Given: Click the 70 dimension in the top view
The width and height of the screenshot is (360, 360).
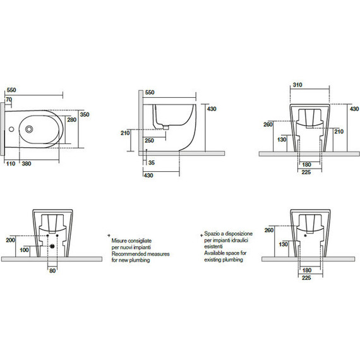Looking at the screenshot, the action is [9, 99].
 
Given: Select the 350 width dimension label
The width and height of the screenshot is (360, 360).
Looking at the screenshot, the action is [85, 114].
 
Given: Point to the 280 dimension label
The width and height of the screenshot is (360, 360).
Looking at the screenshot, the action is [71, 119].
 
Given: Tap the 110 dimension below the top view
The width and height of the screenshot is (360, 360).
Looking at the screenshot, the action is [11, 164].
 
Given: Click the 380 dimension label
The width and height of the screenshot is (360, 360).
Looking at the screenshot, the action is [27, 164].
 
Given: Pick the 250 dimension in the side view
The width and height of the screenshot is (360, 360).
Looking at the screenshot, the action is [149, 140].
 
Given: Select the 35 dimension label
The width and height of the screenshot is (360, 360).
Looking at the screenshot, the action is [152, 163].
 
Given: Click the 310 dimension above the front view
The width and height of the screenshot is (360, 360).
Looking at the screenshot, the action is [297, 85].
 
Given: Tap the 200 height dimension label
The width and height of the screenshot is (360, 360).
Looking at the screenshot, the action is [10, 240].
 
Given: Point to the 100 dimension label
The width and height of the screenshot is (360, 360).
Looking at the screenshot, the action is [24, 250].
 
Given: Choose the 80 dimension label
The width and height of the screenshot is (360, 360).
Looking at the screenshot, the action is [52, 271].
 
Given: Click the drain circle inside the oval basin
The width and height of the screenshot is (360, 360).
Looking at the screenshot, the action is [29, 129].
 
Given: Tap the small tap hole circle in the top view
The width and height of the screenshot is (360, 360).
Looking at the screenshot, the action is [11, 129].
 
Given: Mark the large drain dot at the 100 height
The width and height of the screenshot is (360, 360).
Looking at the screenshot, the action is [52, 246].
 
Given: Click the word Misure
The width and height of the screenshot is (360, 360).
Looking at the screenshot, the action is [119, 241].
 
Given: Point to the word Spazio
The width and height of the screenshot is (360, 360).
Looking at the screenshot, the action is [212, 234].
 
